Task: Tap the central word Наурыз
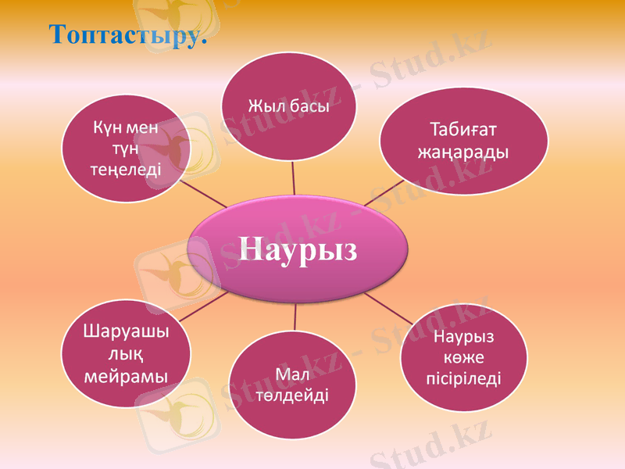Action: [298, 249]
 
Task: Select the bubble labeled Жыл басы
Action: [288, 106]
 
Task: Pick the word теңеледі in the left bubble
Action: [127, 168]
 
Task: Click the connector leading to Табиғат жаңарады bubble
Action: [384, 193]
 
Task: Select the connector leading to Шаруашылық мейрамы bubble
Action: [203, 306]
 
